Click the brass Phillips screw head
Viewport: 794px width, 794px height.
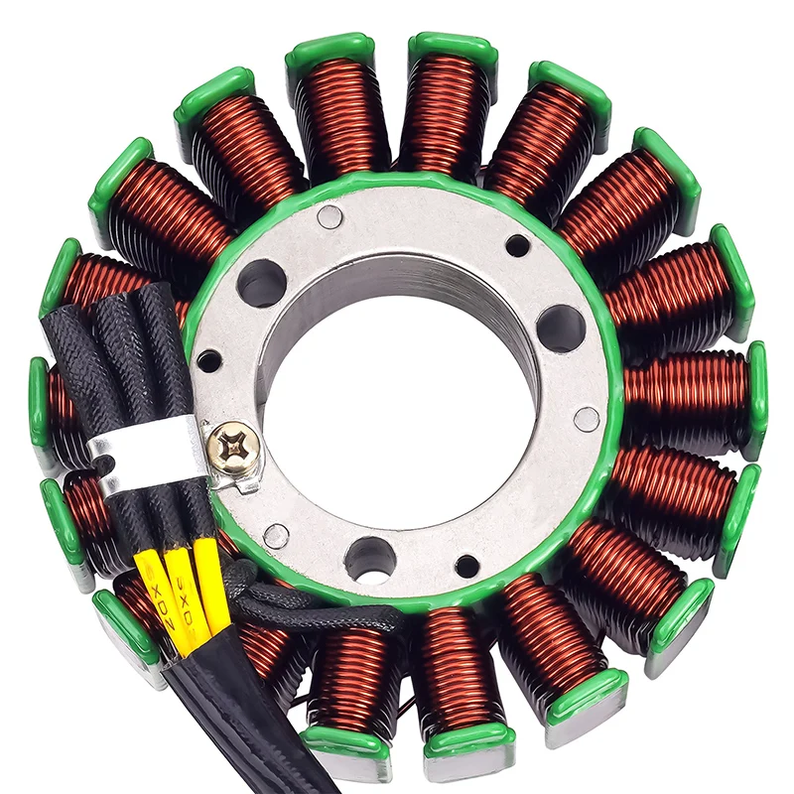pyautogui.click(x=234, y=449)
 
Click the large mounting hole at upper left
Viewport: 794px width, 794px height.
pyautogui.click(x=261, y=283)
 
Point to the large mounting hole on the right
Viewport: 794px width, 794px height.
pyautogui.click(x=560, y=328)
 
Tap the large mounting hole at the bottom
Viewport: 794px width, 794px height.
pyautogui.click(x=369, y=559)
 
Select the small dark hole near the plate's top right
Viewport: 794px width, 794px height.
pyautogui.click(x=517, y=244)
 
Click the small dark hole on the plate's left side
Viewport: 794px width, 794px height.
pyautogui.click(x=208, y=360)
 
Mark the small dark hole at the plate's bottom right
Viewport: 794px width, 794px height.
pyautogui.click(x=466, y=566)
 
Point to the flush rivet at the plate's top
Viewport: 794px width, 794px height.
pyautogui.click(x=331, y=216)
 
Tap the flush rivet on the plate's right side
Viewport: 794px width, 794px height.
pyautogui.click(x=587, y=419)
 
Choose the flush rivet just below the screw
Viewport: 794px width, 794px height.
pyautogui.click(x=276, y=536)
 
